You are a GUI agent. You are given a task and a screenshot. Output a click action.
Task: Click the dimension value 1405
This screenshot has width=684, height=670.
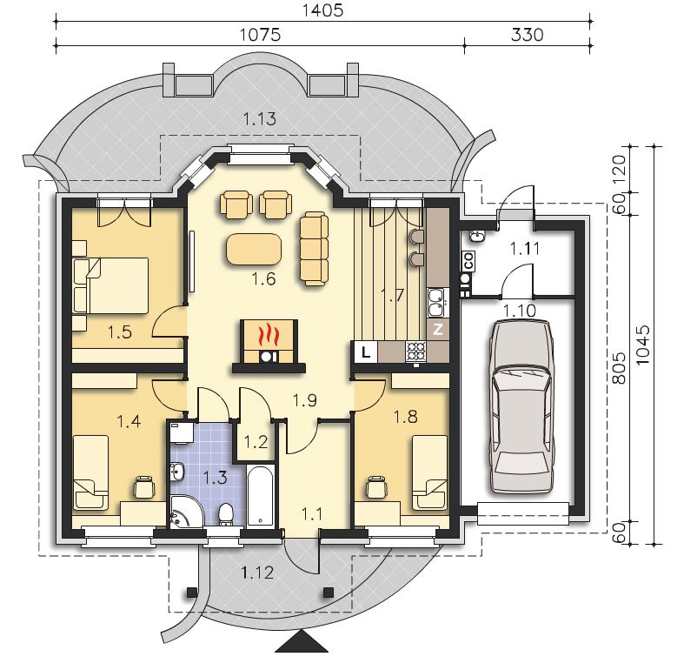(323, 10)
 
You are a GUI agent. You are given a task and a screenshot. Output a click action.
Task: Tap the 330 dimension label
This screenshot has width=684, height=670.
(527, 35)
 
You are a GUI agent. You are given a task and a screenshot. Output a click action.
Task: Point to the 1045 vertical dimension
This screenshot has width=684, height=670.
(642, 345)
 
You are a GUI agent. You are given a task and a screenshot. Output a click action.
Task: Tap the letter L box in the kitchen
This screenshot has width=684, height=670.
(365, 352)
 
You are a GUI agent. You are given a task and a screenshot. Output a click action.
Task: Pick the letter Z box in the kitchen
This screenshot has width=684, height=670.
(438, 329)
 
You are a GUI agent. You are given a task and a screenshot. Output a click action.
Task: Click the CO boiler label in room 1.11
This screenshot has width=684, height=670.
(468, 261)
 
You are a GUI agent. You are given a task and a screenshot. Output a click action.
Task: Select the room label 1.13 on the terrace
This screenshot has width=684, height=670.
(260, 118)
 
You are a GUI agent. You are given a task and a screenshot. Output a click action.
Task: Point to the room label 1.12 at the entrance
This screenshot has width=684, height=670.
(258, 573)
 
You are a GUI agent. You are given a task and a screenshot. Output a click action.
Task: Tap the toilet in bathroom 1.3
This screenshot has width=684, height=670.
(225, 514)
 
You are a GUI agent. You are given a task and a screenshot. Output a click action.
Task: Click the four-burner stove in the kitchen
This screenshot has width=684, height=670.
(416, 352)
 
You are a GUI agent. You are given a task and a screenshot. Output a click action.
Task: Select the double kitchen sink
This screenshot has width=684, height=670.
(435, 302)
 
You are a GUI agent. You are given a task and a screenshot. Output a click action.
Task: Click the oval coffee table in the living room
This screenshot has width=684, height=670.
(254, 249)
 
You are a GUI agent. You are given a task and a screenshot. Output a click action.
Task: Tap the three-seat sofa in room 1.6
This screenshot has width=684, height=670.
(314, 249)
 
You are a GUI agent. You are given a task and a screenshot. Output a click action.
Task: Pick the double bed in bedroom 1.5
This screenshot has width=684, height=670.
(110, 285)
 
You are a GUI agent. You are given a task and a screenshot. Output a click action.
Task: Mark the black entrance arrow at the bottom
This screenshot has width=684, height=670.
(302, 641)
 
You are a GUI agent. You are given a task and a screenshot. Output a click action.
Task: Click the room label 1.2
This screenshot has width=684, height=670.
(256, 441)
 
